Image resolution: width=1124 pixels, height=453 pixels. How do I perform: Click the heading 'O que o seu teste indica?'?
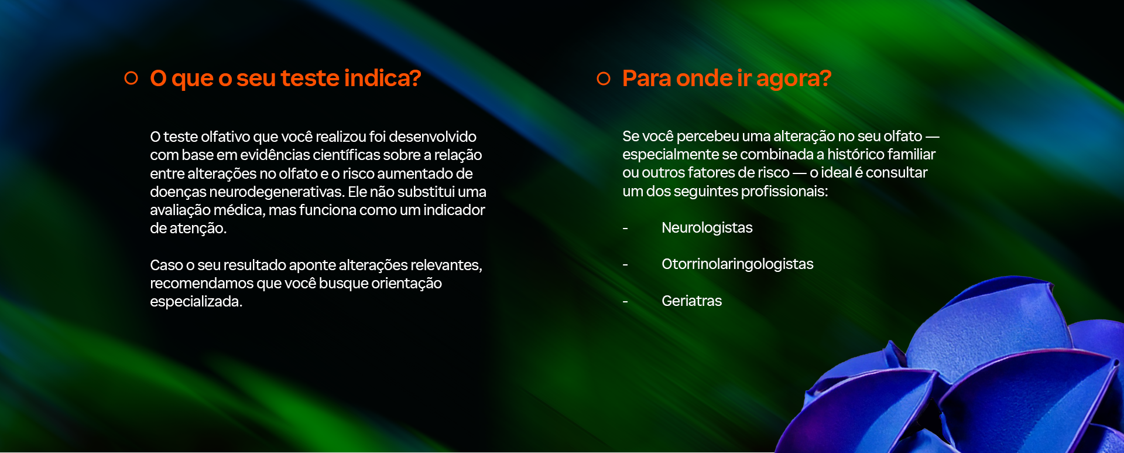[x=286, y=79]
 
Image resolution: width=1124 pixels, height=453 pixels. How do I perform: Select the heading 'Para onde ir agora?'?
[x=727, y=79]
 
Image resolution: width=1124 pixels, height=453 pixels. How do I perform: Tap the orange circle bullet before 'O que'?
[x=131, y=78]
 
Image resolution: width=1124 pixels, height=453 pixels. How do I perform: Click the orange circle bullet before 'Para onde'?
[x=604, y=79]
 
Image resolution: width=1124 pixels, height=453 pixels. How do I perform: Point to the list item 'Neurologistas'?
[x=707, y=228]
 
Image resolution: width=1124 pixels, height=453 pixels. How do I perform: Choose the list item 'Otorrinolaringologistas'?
[x=737, y=264]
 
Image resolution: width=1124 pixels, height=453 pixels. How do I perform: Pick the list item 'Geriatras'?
[x=691, y=301]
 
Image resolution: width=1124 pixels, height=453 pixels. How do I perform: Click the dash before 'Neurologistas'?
[x=625, y=229]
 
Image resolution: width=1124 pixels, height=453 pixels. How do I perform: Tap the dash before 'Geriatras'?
[x=625, y=302]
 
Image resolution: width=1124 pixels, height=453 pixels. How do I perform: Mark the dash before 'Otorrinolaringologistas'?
[x=625, y=265]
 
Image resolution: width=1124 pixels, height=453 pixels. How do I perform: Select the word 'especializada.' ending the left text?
[x=196, y=302]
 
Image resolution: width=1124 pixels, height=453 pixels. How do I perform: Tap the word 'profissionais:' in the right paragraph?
[x=784, y=192]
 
